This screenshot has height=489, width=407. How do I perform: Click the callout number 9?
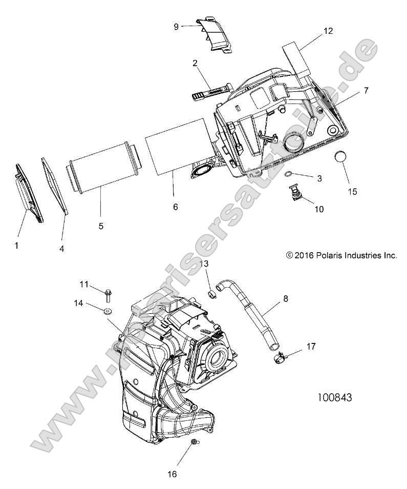[176, 26]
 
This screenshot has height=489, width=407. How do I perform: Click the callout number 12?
[328, 31]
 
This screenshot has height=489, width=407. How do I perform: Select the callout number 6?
[175, 207]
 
